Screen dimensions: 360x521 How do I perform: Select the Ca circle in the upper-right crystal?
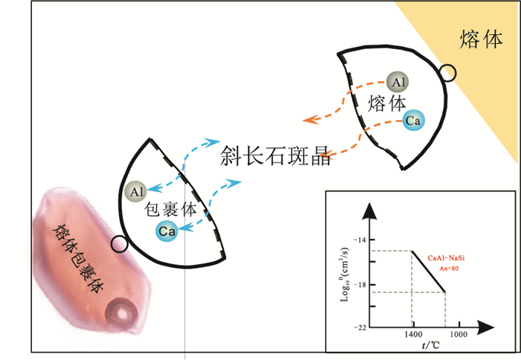tap(414, 120)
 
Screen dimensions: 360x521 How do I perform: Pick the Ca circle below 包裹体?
tap(167, 231)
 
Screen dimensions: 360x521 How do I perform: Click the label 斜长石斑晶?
tap(275, 155)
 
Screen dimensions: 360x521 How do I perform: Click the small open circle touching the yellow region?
tap(447, 73)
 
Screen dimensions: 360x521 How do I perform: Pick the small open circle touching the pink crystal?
tap(118, 244)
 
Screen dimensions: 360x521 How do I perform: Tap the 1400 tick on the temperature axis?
tap(412, 335)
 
